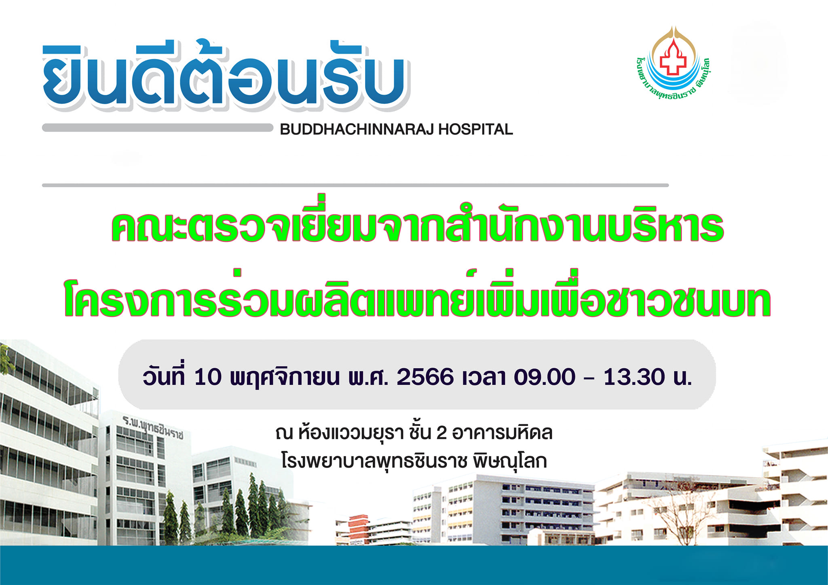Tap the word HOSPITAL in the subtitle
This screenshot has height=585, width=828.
pos(476,130)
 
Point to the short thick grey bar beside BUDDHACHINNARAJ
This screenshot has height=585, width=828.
pos(158,128)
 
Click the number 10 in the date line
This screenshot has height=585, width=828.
pos(208,377)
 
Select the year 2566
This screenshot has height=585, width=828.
pos(425,377)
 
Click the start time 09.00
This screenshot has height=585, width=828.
pos(544,377)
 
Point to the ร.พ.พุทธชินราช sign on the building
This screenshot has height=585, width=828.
pos(153,427)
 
